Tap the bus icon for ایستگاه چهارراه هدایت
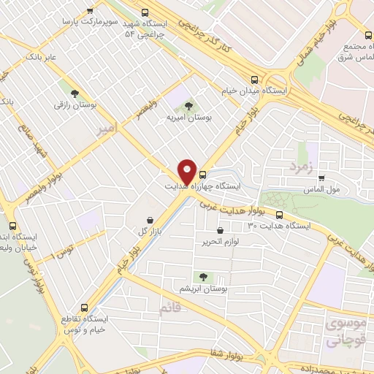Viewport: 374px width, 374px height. click(202, 175)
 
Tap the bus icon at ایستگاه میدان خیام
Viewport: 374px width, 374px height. click(254, 80)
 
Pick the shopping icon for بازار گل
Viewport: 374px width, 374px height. click(150, 220)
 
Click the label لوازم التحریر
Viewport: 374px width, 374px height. click(219, 243)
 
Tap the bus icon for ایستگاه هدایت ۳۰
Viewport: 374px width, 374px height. click(279, 215)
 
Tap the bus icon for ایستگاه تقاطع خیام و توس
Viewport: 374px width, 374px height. click(85, 308)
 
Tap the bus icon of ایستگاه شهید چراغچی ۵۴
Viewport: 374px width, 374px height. click(145, 12)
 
